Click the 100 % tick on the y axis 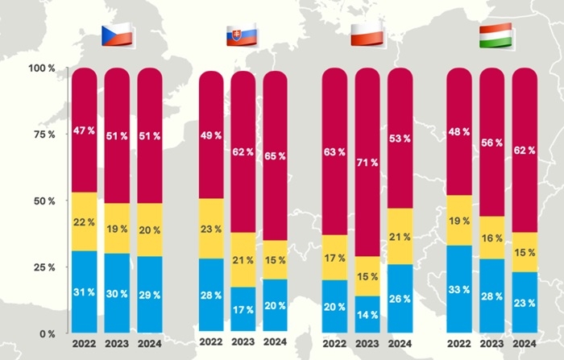point(42,68)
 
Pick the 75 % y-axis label point(44,134)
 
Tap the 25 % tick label point(44,267)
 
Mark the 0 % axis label point(46,333)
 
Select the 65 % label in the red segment point(276,156)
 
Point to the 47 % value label point(84,130)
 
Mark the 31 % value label point(84,292)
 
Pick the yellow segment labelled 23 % point(210,229)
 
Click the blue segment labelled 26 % point(401,297)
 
